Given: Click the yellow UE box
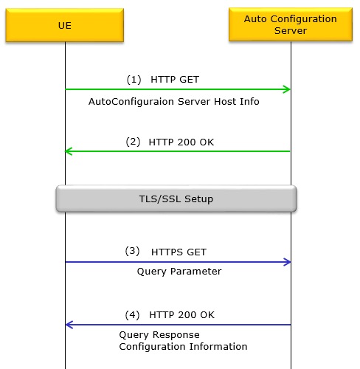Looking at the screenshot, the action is pyautogui.click(x=65, y=25).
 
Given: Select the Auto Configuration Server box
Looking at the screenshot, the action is pyautogui.click(x=291, y=24).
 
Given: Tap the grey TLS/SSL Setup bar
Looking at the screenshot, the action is pyautogui.click(x=176, y=199).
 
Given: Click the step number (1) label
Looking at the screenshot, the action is pyautogui.click(x=134, y=80).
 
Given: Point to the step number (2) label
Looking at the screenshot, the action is pyautogui.click(x=133, y=142).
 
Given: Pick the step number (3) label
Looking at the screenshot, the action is pyautogui.click(x=132, y=251).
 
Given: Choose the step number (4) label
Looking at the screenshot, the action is pyautogui.click(x=132, y=315).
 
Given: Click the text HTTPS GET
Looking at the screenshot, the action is pyautogui.click(x=179, y=252).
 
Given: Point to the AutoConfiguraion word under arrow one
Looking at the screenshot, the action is pyautogui.click(x=131, y=102).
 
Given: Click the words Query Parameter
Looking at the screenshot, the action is pyautogui.click(x=179, y=272).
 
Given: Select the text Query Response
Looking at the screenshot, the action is pyautogui.click(x=159, y=335).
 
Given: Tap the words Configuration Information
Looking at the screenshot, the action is pyautogui.click(x=183, y=347).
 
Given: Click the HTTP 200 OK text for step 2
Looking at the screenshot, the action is pyautogui.click(x=181, y=142).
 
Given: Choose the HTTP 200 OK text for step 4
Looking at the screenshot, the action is pyautogui.click(x=181, y=315).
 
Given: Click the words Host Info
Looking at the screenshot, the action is pyautogui.click(x=237, y=101).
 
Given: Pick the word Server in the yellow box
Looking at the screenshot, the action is pyautogui.click(x=291, y=31).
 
